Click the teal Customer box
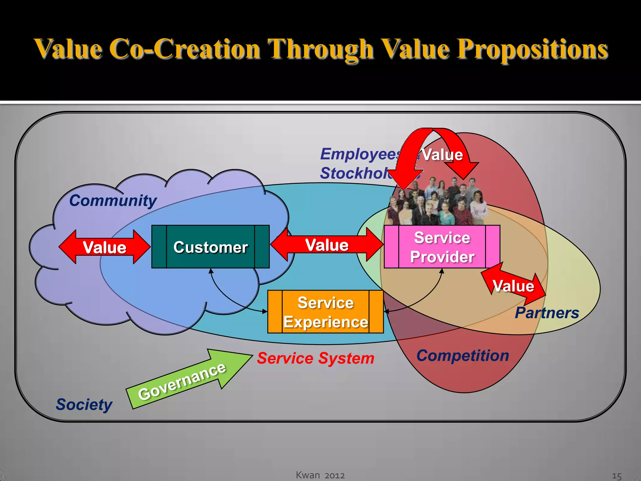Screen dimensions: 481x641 click(x=210, y=247)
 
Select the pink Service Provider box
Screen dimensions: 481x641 click(x=442, y=247)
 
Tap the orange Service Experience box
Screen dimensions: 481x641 click(x=326, y=312)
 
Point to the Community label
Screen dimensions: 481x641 click(x=113, y=200)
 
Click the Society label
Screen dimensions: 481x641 click(x=84, y=405)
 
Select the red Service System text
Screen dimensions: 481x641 click(x=315, y=358)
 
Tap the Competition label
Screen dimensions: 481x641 click(x=463, y=356)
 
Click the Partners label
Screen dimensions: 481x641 click(x=547, y=313)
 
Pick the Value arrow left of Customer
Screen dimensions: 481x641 click(x=104, y=247)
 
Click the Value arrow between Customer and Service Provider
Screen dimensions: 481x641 click(x=327, y=245)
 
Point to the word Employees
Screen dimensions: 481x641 click(x=360, y=154)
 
